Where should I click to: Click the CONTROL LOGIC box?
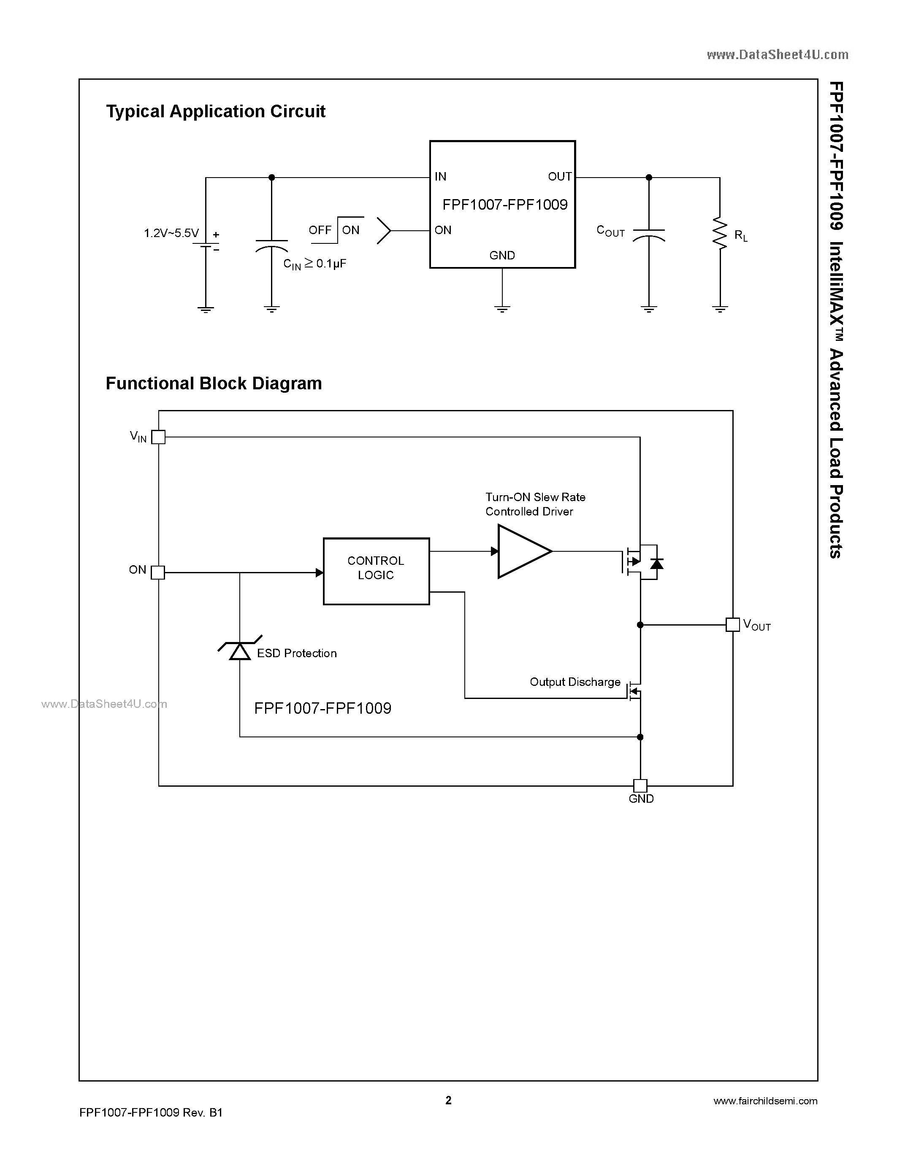pos(376,571)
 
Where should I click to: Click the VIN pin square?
pos(158,437)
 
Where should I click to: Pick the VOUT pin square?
pos(732,625)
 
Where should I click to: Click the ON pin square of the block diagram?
pos(158,572)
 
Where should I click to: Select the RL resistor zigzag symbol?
pos(720,232)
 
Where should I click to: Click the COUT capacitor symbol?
pos(648,235)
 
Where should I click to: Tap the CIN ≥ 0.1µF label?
pos(314,264)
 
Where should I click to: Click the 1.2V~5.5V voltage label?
pos(171,233)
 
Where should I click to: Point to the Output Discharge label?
pos(575,682)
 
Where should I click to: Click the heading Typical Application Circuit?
pos(215,111)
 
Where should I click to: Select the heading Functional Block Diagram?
pos(214,383)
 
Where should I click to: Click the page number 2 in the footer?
pos(448,1100)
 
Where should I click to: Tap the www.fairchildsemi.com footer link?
pos(765,1101)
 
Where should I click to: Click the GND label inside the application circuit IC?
pos(501,256)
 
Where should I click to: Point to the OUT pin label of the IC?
pos(560,176)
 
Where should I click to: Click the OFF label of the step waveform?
pos(320,230)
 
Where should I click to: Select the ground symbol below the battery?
pos(206,309)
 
